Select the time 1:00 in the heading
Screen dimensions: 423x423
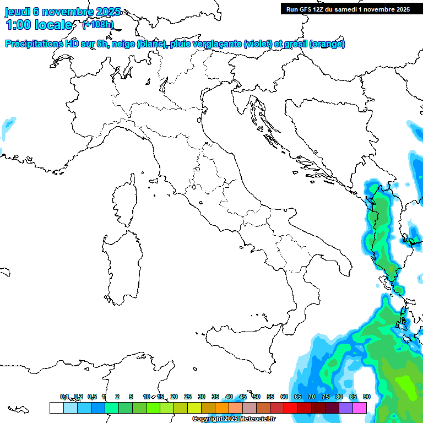tap(18, 25)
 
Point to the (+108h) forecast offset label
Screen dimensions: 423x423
tap(98, 25)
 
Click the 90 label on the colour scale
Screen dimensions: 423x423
tap(367, 397)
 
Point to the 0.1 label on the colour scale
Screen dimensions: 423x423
tap(64, 397)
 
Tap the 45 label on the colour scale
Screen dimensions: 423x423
tap(243, 397)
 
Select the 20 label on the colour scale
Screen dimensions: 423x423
tap(174, 397)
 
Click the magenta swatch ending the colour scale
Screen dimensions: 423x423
tap(360, 408)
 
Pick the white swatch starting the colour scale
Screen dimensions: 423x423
tap(56, 408)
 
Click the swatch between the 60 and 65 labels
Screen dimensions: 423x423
tap(291, 408)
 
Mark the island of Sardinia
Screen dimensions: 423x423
tap(122, 264)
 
